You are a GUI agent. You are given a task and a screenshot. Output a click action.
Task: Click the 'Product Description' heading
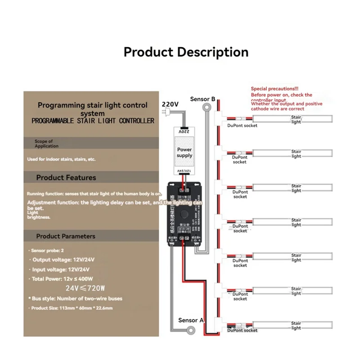point(186,52)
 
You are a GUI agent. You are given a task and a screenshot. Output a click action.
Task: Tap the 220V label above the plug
point(170,104)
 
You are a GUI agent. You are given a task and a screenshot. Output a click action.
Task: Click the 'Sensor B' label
point(202,99)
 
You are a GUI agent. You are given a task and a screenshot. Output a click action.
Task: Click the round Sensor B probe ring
point(207,108)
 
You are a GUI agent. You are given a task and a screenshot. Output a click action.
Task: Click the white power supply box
point(184,152)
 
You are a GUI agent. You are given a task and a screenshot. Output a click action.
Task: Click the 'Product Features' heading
point(66,178)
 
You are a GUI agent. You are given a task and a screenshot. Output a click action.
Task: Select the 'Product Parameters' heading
point(66,236)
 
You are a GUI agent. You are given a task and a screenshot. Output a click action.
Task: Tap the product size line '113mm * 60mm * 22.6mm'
point(72,308)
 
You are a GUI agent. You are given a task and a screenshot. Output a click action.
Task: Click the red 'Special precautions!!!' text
point(274,89)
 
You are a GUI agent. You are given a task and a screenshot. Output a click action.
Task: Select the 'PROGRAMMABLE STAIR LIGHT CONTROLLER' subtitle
point(93,121)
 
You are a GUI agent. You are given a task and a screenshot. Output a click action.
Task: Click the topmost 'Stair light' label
point(296,119)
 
